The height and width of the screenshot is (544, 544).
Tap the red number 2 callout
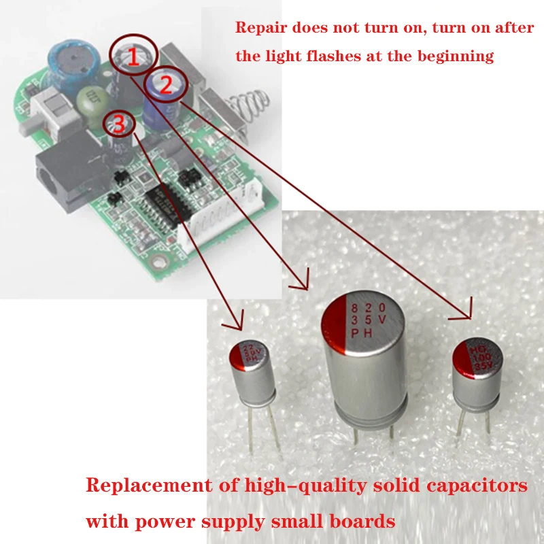coord(165,84)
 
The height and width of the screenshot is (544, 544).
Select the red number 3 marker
coord(119,123)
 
